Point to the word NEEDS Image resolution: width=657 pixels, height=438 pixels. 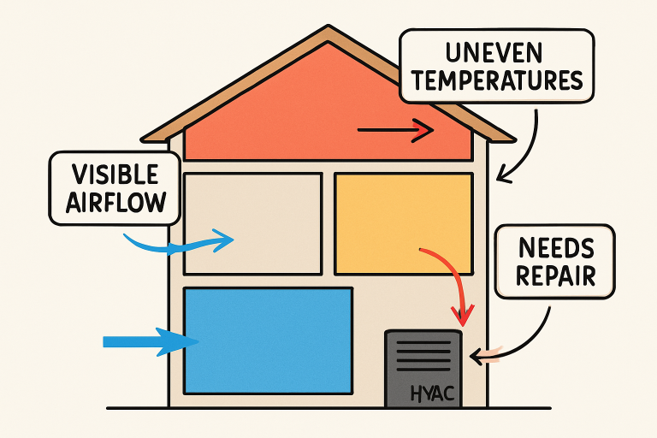[x=556, y=250]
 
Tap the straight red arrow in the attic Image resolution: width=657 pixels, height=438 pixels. [x=395, y=131]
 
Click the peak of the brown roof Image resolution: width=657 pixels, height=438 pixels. [x=328, y=32]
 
